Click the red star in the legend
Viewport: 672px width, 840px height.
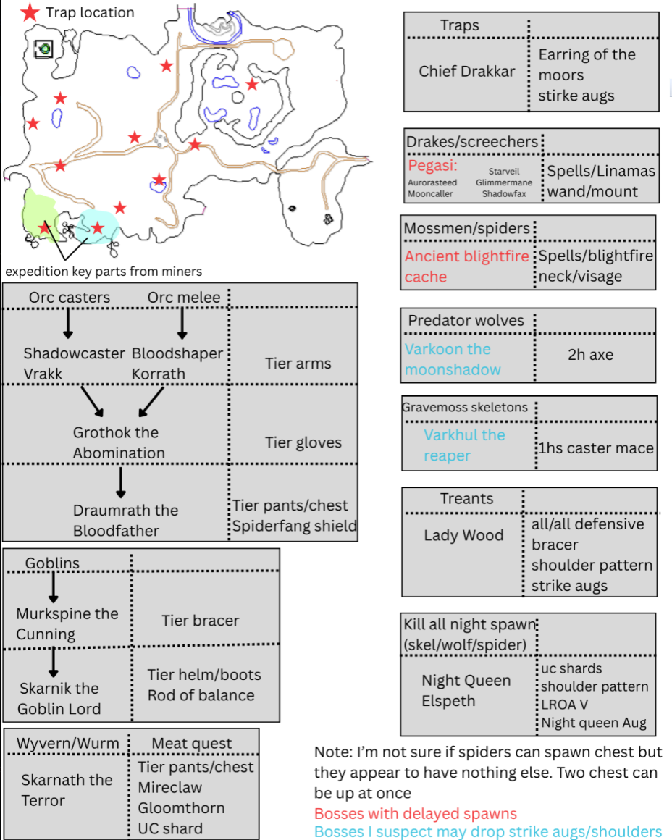pyautogui.click(x=30, y=12)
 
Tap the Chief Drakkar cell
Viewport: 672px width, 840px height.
pyautogui.click(x=467, y=71)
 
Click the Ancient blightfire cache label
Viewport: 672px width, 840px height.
pyautogui.click(x=466, y=266)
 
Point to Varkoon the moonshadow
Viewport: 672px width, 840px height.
pyautogui.click(x=453, y=359)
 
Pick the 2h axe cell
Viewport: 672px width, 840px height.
pyautogui.click(x=590, y=355)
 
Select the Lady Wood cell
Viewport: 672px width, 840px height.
pyautogui.click(x=463, y=535)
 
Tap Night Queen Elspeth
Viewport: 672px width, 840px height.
pyautogui.click(x=466, y=691)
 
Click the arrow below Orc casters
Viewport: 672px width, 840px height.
pyautogui.click(x=67, y=324)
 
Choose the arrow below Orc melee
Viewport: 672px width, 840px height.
pyautogui.click(x=182, y=324)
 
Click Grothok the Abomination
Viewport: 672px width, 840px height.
pyautogui.click(x=119, y=442)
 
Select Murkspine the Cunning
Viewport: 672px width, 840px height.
pyautogui.click(x=67, y=623)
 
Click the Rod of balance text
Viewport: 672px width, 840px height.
pyautogui.click(x=201, y=695)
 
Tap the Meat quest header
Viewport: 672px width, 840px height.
pyautogui.click(x=192, y=743)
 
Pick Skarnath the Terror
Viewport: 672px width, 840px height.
pyautogui.click(x=67, y=790)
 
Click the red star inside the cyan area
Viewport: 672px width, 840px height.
pyautogui.click(x=97, y=228)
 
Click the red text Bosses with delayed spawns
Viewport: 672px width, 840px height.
pyautogui.click(x=416, y=813)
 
